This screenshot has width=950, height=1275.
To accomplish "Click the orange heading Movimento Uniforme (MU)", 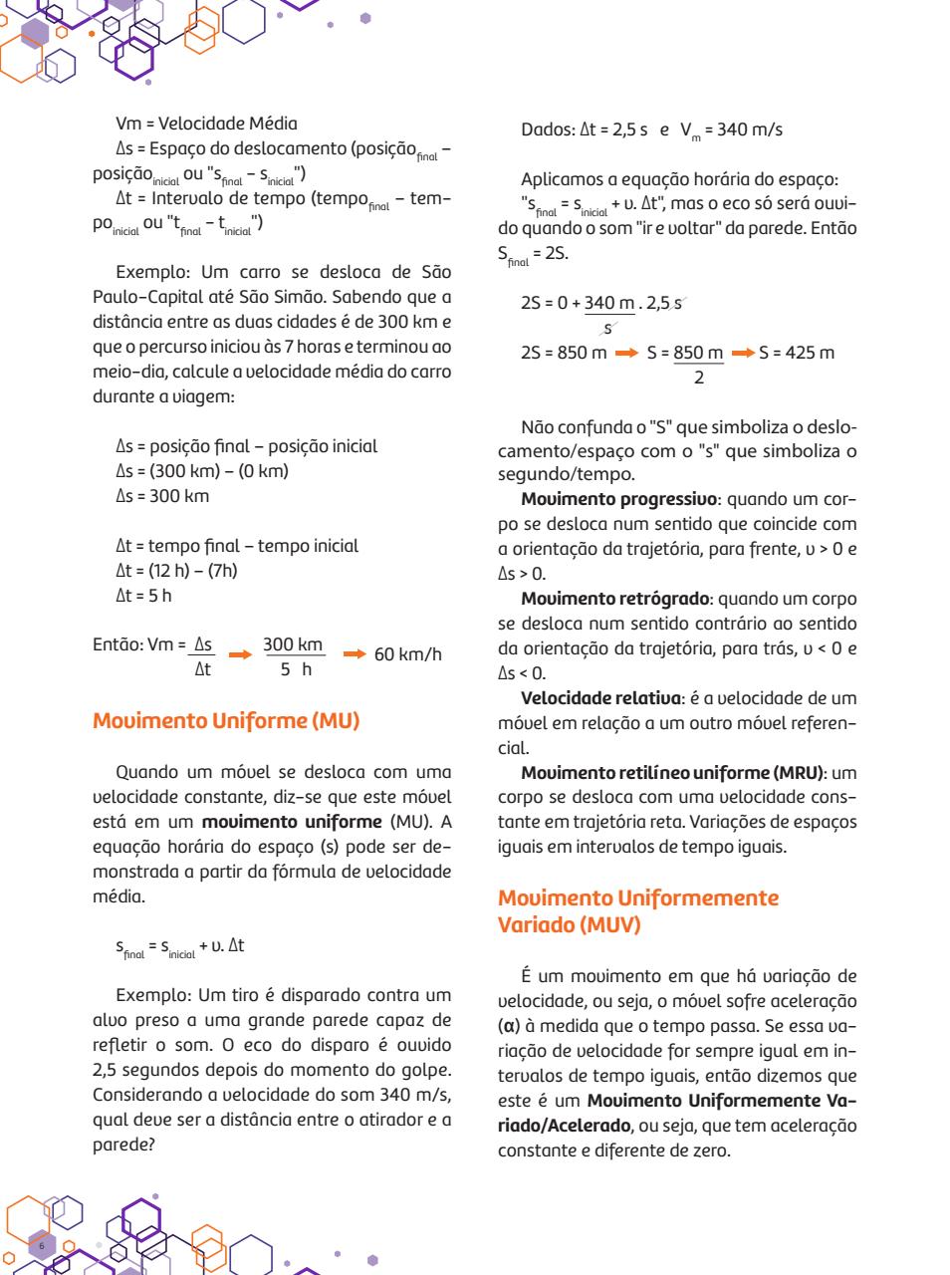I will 225,721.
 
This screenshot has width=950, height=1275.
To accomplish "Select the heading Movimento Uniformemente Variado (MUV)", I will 637,910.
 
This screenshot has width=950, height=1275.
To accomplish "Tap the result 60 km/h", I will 407,654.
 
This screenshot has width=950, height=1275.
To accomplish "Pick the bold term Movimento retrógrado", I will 614,599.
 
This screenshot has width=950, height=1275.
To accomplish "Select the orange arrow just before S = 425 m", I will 743,353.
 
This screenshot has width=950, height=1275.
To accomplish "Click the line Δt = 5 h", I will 143,596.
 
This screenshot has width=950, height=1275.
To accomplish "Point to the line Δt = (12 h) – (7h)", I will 176,571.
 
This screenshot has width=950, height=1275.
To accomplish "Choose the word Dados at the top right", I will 547,130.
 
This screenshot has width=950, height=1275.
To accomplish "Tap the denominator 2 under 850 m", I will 698,378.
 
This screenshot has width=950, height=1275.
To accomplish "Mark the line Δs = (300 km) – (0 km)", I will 202,471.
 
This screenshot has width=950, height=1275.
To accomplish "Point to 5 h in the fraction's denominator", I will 295,669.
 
